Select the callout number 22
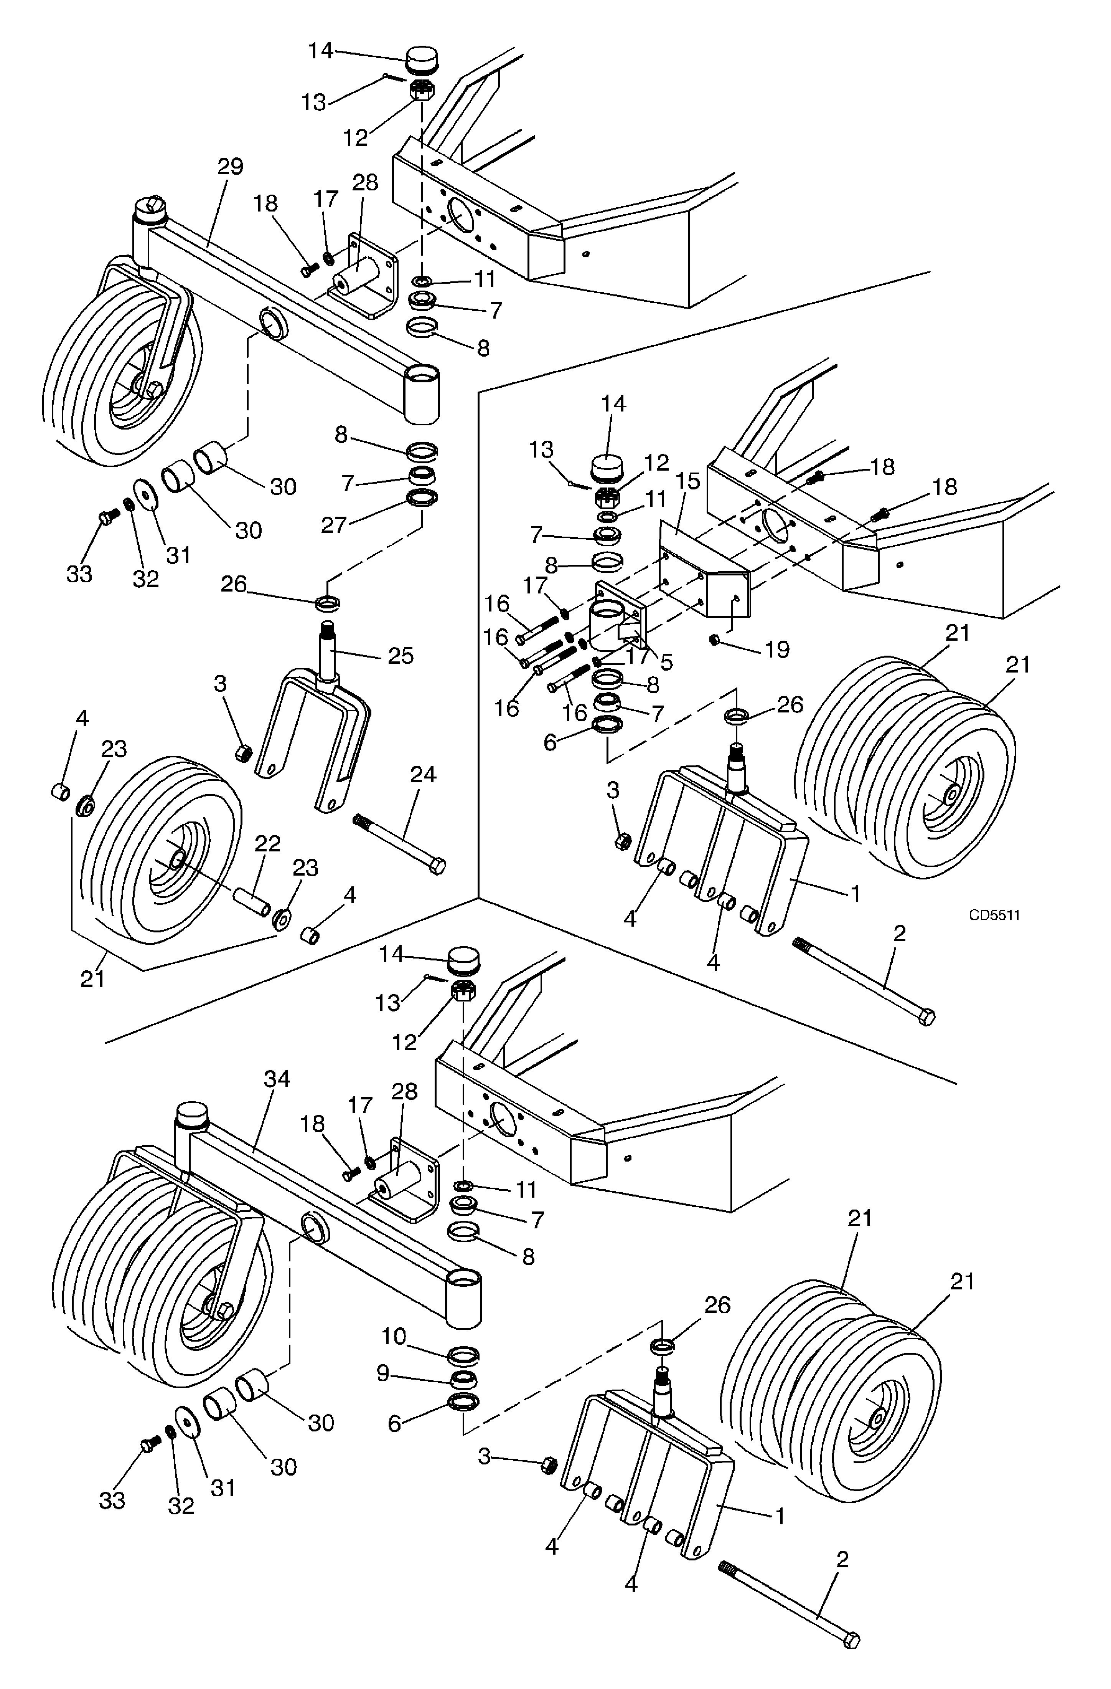point(267,844)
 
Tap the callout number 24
point(424,774)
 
